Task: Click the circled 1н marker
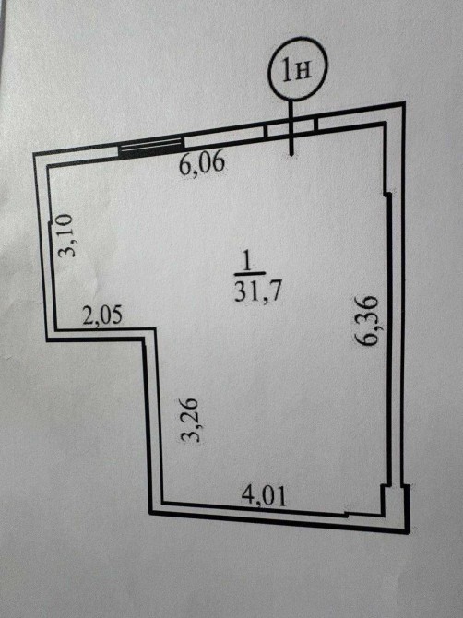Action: (x=298, y=68)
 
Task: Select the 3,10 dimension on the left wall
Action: (x=65, y=236)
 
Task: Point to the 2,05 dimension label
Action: (x=102, y=315)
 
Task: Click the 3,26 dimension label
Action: (x=188, y=420)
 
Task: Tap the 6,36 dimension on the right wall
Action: (x=365, y=320)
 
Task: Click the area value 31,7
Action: (x=258, y=291)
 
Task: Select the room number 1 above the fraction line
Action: (x=248, y=261)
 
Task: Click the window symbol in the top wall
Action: (x=151, y=147)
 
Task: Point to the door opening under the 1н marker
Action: (x=291, y=127)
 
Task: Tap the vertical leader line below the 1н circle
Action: (x=291, y=127)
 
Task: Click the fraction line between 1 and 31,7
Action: (x=250, y=274)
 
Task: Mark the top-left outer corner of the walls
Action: (x=33, y=154)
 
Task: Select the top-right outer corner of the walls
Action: (x=404, y=103)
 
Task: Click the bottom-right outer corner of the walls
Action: (x=409, y=532)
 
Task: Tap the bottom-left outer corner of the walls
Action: (x=149, y=513)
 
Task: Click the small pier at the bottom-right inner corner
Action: (x=386, y=500)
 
